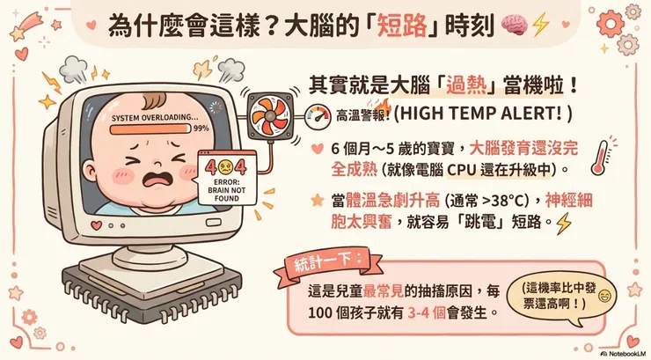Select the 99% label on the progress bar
coord(201,128)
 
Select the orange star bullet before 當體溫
coord(316,201)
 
